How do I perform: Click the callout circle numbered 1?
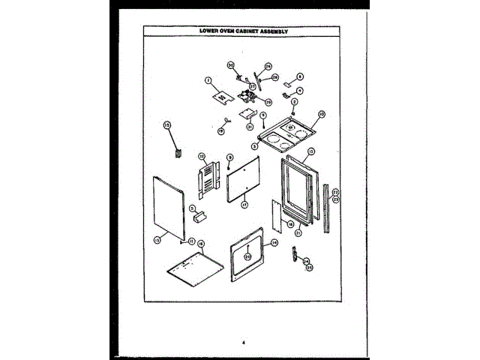[x=208, y=80]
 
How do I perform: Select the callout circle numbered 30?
[x=231, y=64]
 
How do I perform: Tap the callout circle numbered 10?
[x=321, y=115]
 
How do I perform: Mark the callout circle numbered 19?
[x=221, y=130]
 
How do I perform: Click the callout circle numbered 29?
[x=274, y=77]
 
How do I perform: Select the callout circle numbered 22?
[x=335, y=192]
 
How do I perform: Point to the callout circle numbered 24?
[x=306, y=261]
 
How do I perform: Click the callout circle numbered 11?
[x=192, y=241]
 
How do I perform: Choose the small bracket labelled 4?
[x=288, y=94]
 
